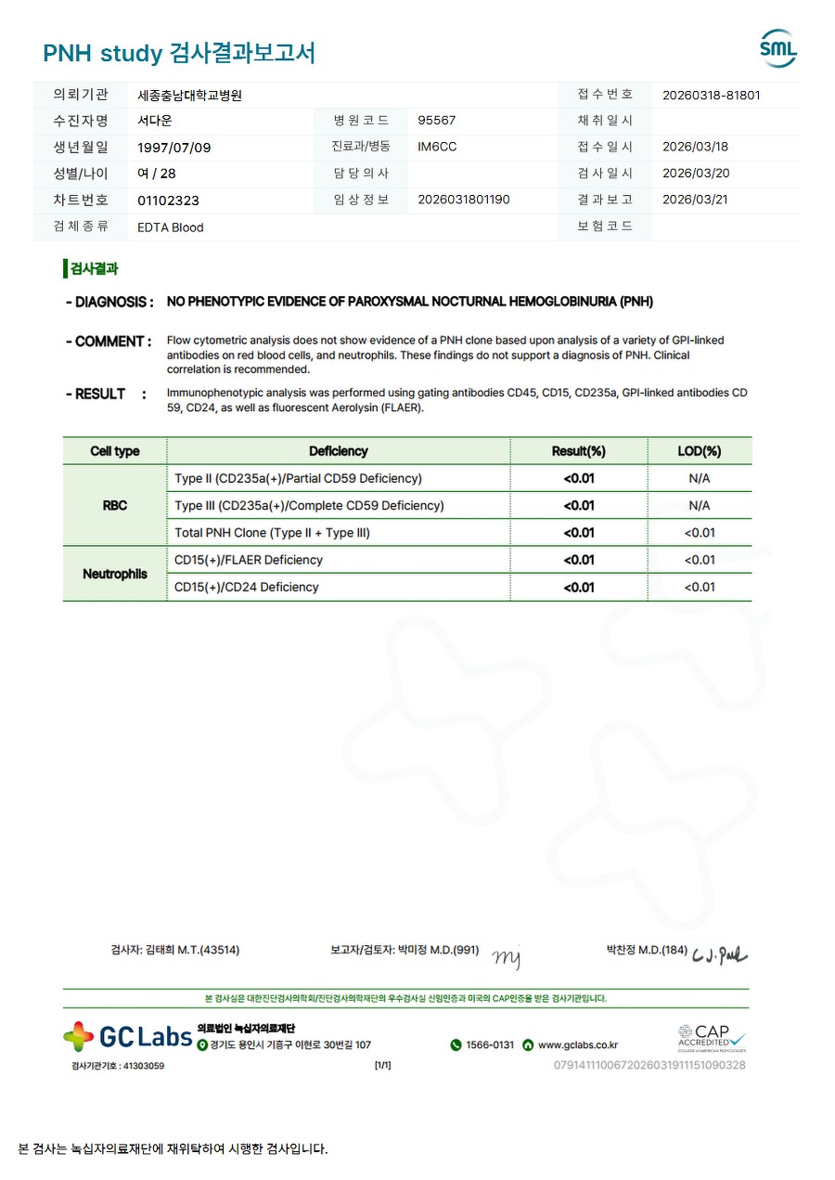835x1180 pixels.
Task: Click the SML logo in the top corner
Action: [x=777, y=49]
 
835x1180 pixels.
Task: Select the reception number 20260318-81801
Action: [x=712, y=95]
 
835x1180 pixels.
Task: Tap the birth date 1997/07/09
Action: [x=173, y=148]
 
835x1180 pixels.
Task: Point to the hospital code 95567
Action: [x=437, y=121]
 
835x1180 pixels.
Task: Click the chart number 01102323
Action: [x=168, y=201]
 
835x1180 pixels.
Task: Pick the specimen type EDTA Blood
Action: [x=170, y=227]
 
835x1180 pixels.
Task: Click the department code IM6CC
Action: [x=437, y=148]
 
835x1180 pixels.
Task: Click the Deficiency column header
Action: [x=338, y=451]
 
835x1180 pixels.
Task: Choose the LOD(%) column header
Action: [x=699, y=451]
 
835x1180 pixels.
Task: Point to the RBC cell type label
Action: [x=114, y=506]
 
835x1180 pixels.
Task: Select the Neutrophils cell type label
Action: [x=114, y=574]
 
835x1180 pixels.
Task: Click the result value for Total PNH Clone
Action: [x=579, y=533]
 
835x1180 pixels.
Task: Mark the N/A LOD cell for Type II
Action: [x=699, y=479]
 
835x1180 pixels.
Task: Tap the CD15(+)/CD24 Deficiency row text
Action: [x=246, y=587]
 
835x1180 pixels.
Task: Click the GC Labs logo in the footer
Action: [x=127, y=1036]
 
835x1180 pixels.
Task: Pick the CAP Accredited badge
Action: [x=712, y=1037]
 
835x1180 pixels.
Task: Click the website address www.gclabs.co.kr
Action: [x=577, y=1045]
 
